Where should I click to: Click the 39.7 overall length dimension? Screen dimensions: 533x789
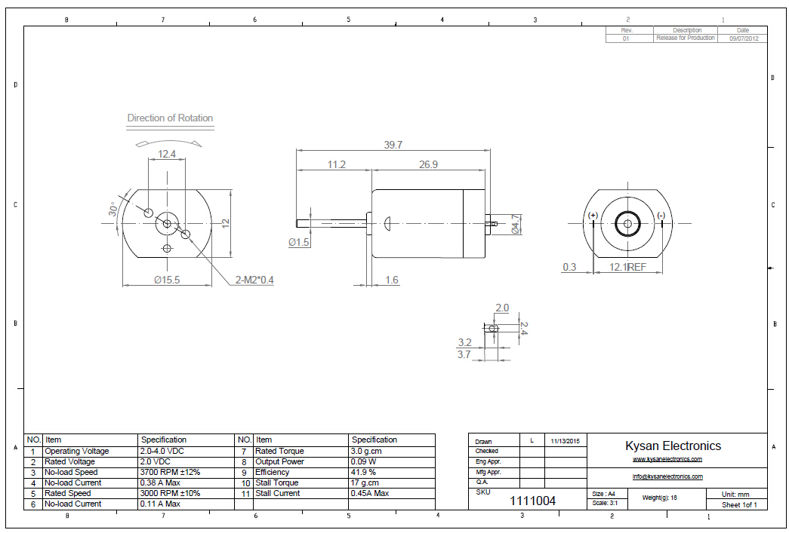tap(393, 145)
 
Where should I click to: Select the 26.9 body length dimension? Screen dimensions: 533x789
tap(427, 164)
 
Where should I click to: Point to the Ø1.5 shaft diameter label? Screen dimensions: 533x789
tap(299, 243)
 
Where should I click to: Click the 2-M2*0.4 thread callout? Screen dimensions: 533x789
tap(254, 280)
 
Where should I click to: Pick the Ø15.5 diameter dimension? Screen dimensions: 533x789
tap(166, 280)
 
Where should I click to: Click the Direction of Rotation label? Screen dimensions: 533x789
tap(170, 118)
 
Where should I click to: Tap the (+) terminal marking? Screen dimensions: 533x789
tap(593, 216)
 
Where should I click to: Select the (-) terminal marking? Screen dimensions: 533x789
tap(661, 216)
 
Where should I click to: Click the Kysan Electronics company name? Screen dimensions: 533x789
tap(673, 446)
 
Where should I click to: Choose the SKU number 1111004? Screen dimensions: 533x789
tap(532, 501)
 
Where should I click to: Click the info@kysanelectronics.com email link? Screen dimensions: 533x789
tap(667, 476)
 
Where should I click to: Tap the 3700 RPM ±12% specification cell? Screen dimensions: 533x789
tap(170, 472)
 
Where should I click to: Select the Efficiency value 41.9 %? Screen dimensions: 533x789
tap(362, 472)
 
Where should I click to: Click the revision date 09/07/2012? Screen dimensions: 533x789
tap(743, 38)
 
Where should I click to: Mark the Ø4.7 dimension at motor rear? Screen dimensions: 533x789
tap(516, 224)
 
